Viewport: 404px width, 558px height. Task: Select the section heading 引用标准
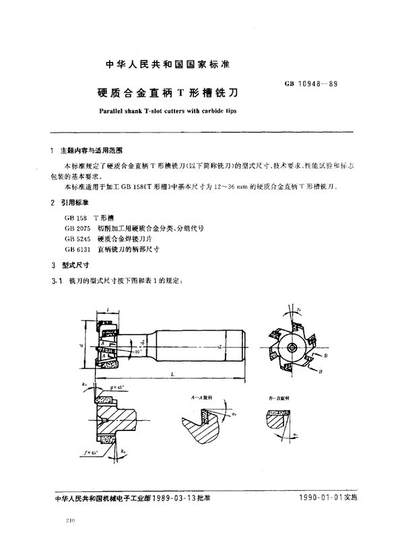click(x=78, y=201)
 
